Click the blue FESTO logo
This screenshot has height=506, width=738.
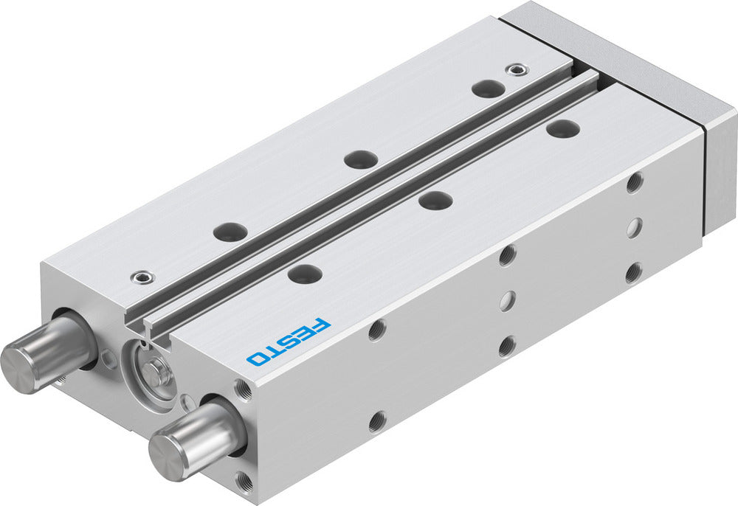(289, 342)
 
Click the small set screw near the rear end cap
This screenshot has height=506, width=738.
(517, 70)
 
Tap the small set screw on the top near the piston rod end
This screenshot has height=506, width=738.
(142, 277)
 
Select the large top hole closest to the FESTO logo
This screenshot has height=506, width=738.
(306, 273)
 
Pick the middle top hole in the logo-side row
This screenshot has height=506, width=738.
(436, 200)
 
